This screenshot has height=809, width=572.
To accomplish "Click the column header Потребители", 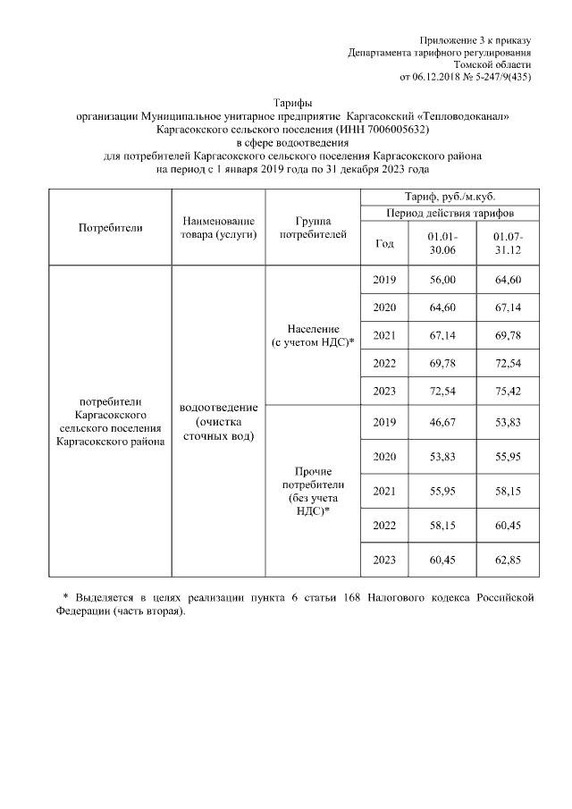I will pos(111,227).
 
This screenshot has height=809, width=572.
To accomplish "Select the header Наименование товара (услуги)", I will pos(218,227).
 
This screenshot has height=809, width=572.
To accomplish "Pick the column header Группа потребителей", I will pos(313,227).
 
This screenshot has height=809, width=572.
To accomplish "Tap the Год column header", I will pos(384,243).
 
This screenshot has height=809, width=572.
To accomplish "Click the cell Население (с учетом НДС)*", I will pos(313,336).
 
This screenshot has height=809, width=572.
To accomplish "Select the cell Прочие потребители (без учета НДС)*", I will pos(313,490).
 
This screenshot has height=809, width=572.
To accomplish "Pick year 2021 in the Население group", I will pos(384,336).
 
